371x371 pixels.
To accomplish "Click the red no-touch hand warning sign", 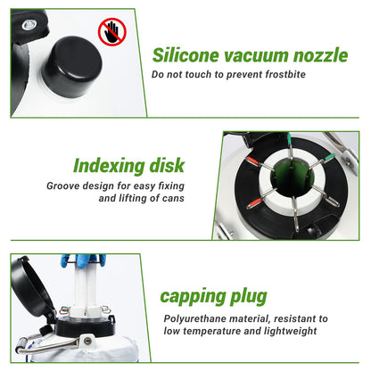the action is (x=112, y=32).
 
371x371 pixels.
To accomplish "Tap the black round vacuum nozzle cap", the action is (x=73, y=67).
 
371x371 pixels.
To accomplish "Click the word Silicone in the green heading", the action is (x=185, y=55).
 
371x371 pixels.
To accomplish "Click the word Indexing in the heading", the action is (x=109, y=167).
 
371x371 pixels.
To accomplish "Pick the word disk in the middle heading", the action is (x=167, y=165).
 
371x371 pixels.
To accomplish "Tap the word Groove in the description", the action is (x=63, y=185).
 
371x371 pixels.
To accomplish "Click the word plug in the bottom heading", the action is (x=249, y=297).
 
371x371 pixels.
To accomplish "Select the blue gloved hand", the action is (x=83, y=260).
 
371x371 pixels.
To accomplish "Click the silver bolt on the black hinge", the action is (x=29, y=24).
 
